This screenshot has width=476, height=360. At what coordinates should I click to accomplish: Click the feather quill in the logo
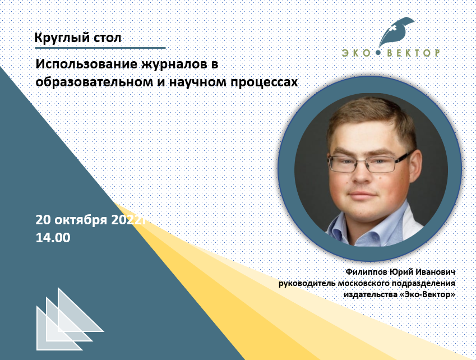tap(396, 31)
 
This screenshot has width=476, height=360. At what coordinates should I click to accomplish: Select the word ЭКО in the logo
tap(356, 53)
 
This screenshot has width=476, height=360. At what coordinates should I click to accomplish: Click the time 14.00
tap(53, 237)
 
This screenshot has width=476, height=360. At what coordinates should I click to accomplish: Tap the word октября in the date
tap(81, 220)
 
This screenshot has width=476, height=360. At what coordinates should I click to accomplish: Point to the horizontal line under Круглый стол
tap(100, 48)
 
